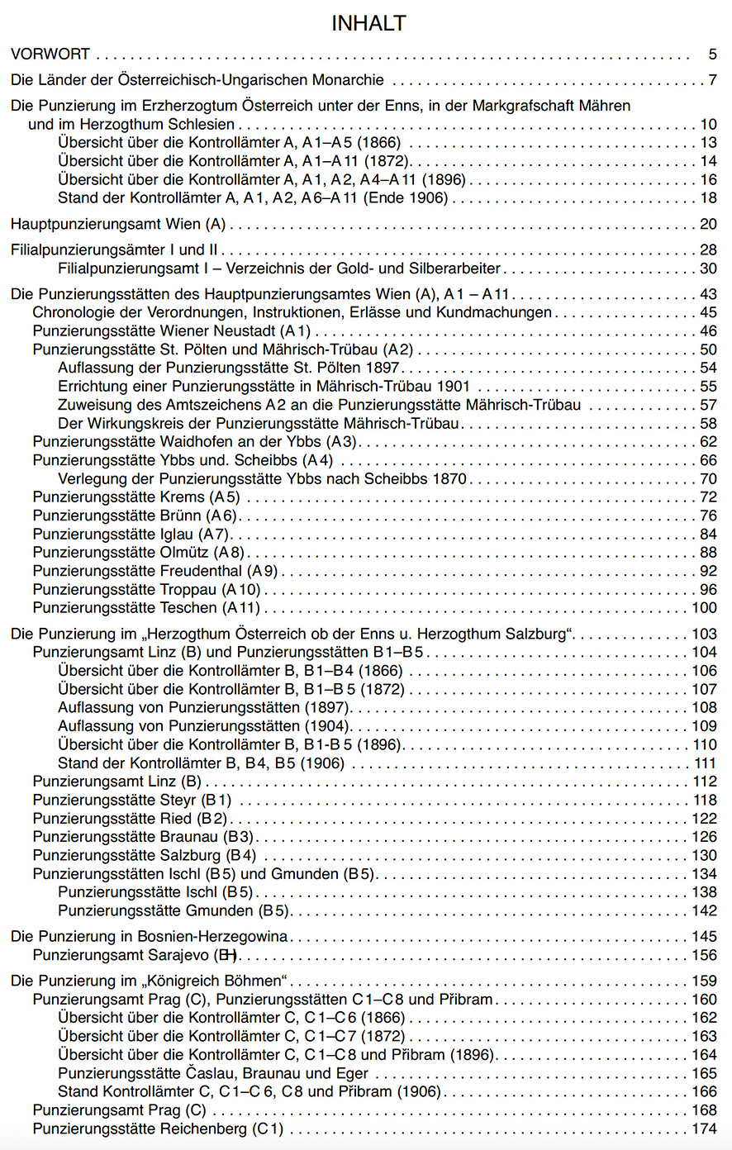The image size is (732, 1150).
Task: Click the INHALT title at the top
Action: pyautogui.click(x=368, y=24)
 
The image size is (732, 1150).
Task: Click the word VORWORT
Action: pyautogui.click(x=50, y=55)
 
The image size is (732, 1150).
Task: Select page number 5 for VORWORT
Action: pyautogui.click(x=712, y=55)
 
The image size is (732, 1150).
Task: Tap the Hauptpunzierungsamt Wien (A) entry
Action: pyautogui.click(x=118, y=224)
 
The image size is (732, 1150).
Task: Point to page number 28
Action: pyautogui.click(x=708, y=249)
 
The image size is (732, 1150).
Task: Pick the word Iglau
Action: pyautogui.click(x=176, y=535)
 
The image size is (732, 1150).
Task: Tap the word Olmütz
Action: pyautogui.click(x=184, y=553)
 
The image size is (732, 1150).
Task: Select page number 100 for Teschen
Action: pyautogui.click(x=705, y=608)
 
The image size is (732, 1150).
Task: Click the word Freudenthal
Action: pyautogui.click(x=201, y=571)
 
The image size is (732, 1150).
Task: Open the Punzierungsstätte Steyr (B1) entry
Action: pyautogui.click(x=132, y=800)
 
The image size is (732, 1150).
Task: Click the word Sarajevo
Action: pyautogui.click(x=183, y=956)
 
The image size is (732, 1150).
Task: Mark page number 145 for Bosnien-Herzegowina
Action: pyautogui.click(x=705, y=937)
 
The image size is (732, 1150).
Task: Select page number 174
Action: pyautogui.click(x=705, y=1129)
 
